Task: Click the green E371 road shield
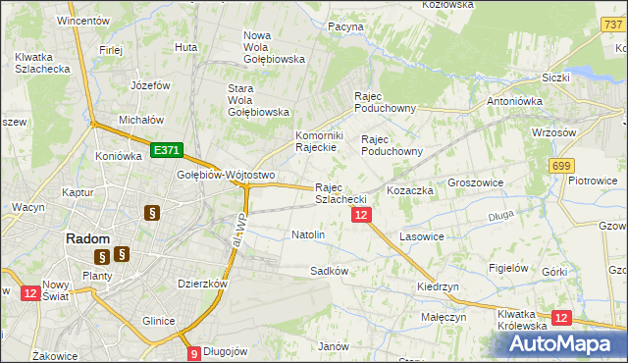coord(166,150)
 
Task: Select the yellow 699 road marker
coord(562,168)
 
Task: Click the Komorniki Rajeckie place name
coord(317,141)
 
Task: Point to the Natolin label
coord(308,235)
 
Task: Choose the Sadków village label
coord(329,270)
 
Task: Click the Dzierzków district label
coord(202,284)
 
